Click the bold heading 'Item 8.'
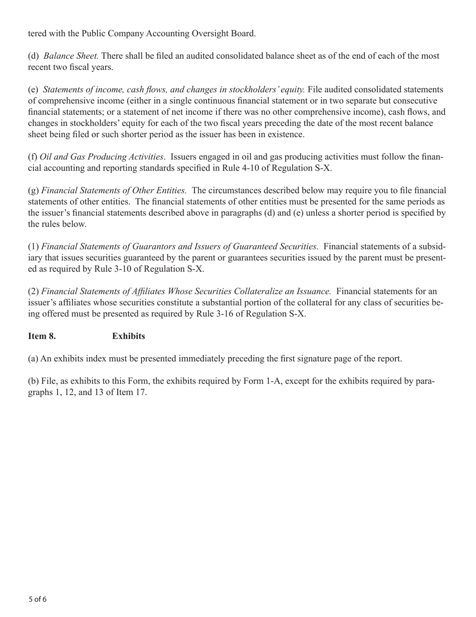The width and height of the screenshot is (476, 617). point(42,336)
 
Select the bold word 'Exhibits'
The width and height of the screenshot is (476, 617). point(128,336)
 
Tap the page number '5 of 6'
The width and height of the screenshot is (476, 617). point(38,599)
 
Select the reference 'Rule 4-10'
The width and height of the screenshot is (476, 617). point(232,168)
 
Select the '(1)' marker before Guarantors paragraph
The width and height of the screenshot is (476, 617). point(34,247)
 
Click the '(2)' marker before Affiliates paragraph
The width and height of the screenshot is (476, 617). point(34,291)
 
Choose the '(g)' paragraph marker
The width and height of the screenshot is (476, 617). point(34,191)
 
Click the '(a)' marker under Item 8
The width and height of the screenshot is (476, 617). point(33,359)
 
